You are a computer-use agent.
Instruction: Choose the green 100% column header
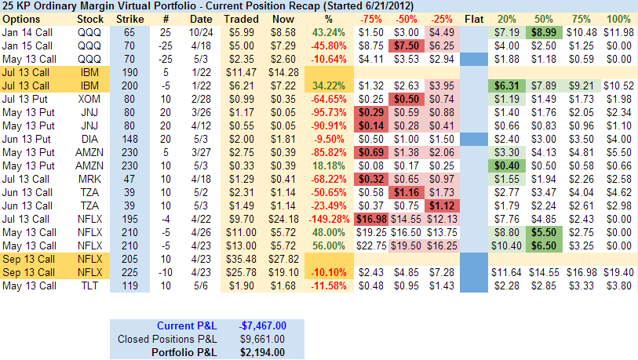619,18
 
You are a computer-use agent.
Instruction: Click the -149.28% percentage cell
330,219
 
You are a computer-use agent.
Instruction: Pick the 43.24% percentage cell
329,32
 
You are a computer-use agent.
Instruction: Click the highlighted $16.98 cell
370,219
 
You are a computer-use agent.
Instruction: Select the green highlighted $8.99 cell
541,32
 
